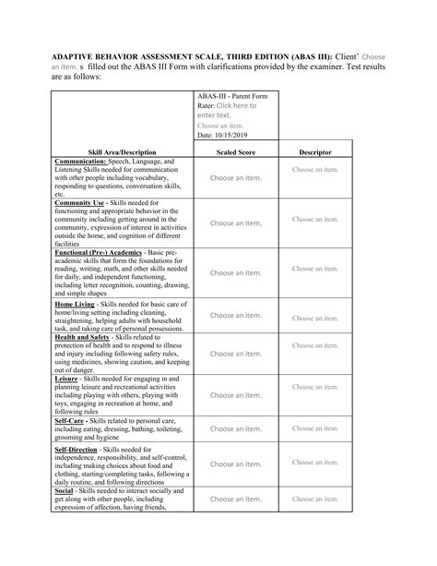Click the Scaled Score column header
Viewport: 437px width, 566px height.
tap(235, 151)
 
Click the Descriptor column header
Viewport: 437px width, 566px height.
tap(315, 151)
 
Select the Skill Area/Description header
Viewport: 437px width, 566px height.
tap(122, 151)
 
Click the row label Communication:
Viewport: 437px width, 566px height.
tap(88, 161)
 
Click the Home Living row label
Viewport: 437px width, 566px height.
tap(78, 303)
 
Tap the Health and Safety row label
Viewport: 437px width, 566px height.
tap(84, 337)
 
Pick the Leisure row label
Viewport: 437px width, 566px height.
tap(67, 379)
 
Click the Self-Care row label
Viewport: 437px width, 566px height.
tap(71, 420)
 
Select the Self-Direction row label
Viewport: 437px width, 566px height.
tap(77, 449)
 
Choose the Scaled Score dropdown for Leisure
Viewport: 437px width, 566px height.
tap(235, 395)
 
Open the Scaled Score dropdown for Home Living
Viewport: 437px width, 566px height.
tap(235, 316)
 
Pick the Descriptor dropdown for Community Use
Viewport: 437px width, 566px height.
tap(315, 220)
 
